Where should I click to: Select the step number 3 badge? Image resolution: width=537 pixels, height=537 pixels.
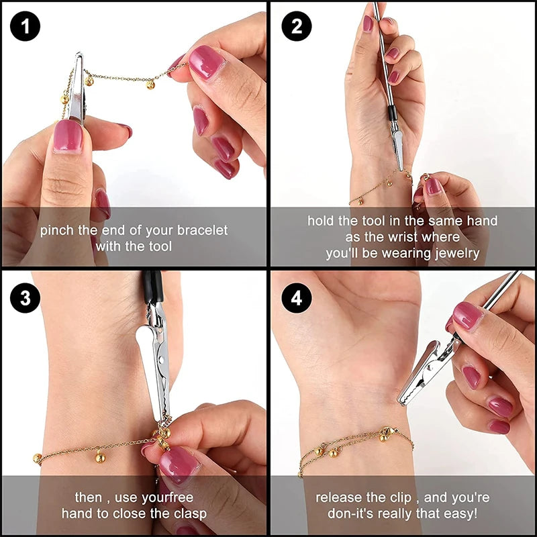coord(26,298)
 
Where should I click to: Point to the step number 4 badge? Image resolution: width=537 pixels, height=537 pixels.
coord(296,298)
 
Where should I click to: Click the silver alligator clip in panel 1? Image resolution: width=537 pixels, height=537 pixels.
coord(77,87)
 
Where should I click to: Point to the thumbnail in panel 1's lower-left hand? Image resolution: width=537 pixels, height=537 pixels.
coord(67,136)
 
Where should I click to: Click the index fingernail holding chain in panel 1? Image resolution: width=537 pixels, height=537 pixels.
coord(205,62)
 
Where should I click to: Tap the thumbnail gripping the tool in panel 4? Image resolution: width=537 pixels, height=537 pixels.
coord(467,315)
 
